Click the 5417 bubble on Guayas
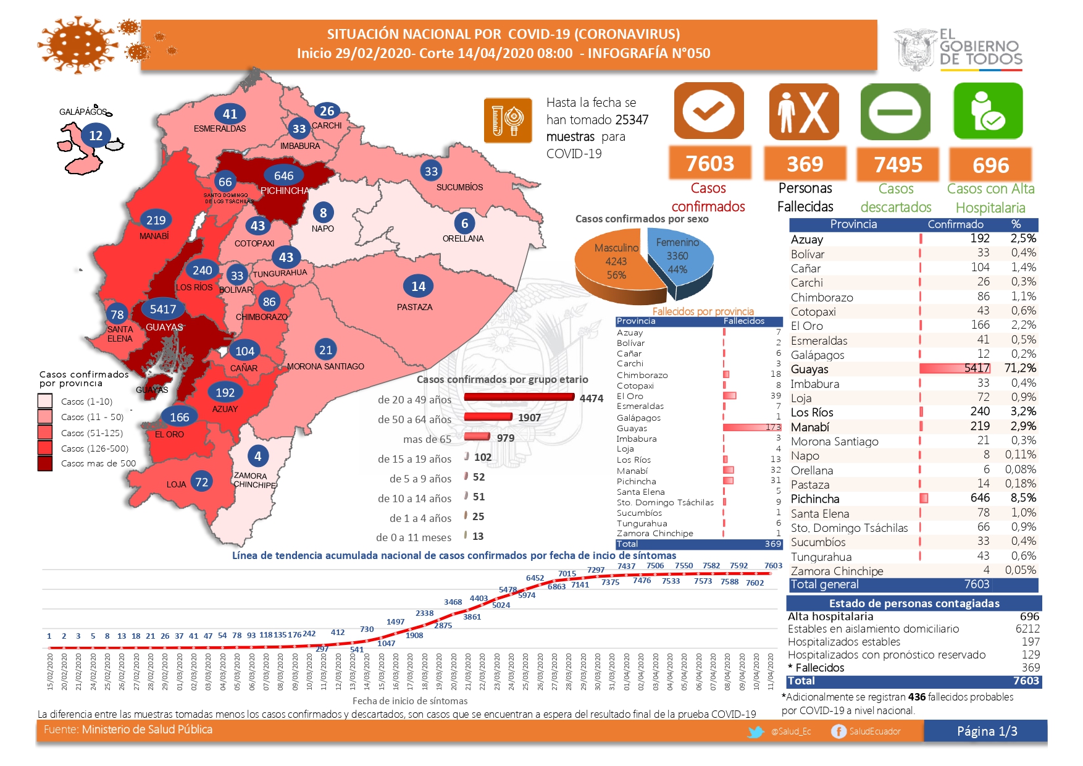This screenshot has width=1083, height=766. (163, 309)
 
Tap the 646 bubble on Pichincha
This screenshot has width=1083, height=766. (284, 176)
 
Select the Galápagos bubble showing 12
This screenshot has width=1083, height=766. (96, 135)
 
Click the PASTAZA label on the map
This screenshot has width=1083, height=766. (414, 307)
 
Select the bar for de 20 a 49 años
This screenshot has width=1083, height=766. (519, 397)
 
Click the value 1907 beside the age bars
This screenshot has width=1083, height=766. (529, 418)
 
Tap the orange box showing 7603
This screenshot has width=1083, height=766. (710, 164)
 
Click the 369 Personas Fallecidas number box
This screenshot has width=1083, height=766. (805, 164)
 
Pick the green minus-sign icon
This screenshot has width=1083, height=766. (895, 112)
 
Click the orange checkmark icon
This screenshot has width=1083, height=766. (708, 111)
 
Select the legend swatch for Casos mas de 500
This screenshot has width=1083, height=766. (45, 463)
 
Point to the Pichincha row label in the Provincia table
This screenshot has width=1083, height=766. (815, 499)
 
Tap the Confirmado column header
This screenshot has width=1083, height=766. (955, 224)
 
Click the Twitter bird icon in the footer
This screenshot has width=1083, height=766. (756, 732)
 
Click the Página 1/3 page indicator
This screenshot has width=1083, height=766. (987, 731)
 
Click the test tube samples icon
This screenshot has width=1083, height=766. (508, 120)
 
